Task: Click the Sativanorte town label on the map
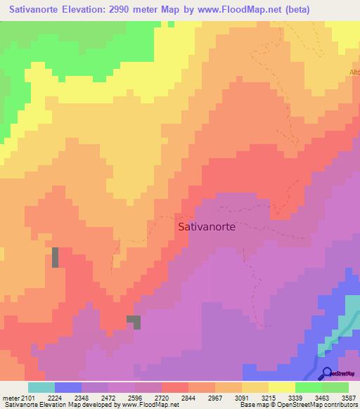(x=207, y=227)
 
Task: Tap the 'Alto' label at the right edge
(x=354, y=72)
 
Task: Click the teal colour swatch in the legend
(x=41, y=387)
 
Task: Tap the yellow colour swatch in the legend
(x=282, y=387)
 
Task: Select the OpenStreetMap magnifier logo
(x=327, y=372)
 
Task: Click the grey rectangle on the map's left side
(x=55, y=257)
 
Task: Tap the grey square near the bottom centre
(x=134, y=322)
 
